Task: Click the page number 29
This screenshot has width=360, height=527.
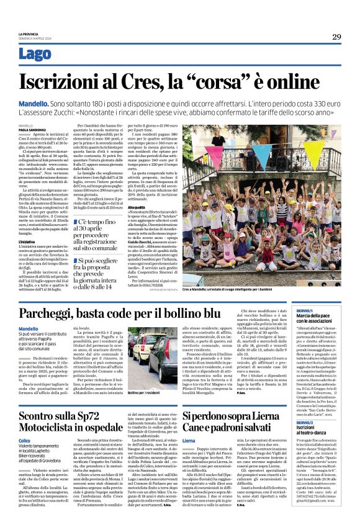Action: (x=336, y=37)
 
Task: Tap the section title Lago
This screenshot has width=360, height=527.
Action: (x=35, y=54)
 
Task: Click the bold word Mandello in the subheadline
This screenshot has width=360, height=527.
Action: (x=36, y=101)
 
